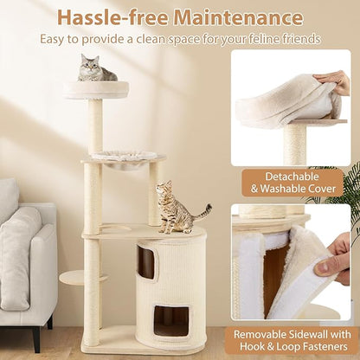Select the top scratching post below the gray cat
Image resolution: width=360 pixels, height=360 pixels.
click(96, 125)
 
